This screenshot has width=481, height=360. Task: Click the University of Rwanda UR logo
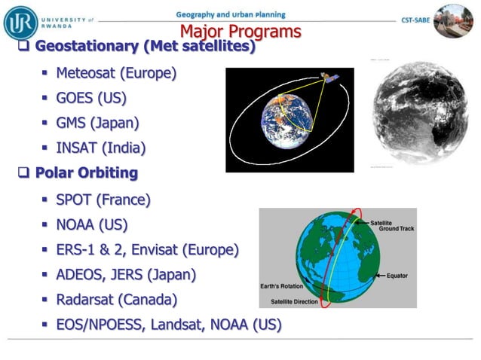coord(20,22)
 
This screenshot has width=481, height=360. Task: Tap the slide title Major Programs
coord(240,32)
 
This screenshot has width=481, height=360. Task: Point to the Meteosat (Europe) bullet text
coord(115,73)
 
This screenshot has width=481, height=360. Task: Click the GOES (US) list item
coord(90,98)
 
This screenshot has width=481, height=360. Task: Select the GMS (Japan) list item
coord(97,122)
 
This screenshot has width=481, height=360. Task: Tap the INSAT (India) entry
coord(100,147)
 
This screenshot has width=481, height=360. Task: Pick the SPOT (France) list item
coord(103,200)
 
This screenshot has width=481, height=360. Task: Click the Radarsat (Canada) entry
coord(116,299)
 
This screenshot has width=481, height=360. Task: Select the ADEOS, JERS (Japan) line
coord(126,274)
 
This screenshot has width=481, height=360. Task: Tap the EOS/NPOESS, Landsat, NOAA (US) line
coord(168,324)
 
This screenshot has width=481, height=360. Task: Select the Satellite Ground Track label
coord(391,227)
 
